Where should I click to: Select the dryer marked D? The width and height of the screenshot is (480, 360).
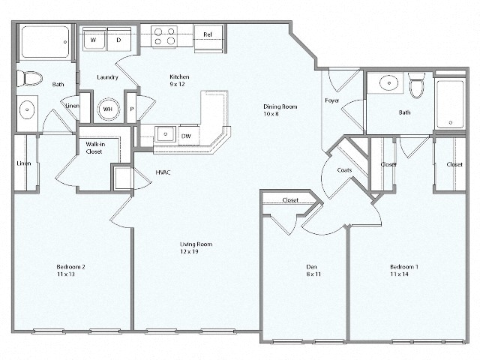[x=118, y=39]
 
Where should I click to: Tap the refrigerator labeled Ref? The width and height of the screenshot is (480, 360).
[x=208, y=34]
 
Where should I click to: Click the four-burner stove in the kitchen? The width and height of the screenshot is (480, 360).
[x=163, y=37]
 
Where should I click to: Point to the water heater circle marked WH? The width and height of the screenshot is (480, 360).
[x=107, y=109]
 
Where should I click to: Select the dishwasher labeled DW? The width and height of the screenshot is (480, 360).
[x=185, y=136]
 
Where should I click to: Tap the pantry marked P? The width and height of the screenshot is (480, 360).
[x=131, y=109]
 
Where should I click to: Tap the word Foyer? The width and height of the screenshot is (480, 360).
[x=332, y=100]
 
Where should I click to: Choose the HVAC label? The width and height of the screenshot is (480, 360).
[x=163, y=172]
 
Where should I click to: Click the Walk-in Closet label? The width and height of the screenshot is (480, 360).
[x=94, y=148]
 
